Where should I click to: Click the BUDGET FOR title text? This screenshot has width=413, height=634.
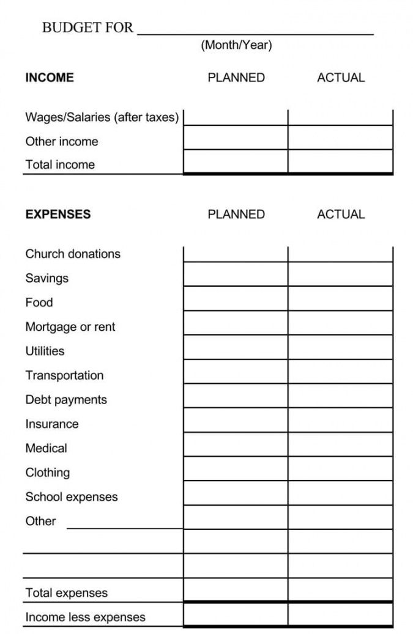coord(87,28)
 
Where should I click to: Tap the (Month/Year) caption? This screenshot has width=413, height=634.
coord(236,45)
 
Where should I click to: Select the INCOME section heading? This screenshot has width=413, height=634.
coord(50,78)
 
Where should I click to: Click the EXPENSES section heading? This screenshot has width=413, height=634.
coord(58,214)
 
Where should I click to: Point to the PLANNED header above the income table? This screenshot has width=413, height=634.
coord(236,78)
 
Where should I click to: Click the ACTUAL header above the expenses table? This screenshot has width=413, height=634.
coord(341,214)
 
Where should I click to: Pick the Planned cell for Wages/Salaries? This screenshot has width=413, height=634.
coord(236,117)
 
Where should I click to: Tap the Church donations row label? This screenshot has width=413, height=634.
coord(73,254)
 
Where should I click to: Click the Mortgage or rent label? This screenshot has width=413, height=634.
coord(70,327)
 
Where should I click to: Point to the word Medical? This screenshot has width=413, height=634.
coord(47,448)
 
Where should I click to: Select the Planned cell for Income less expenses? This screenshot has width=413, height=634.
coord(236,614)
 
